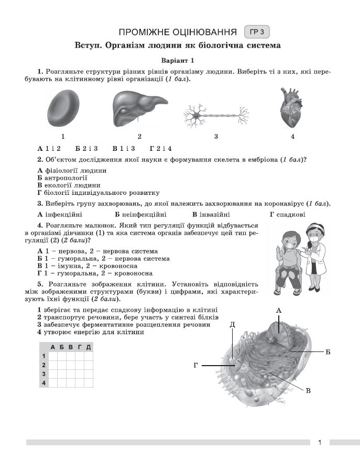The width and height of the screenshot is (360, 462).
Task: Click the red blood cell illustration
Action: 63,109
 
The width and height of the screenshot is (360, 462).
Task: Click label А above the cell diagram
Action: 279,311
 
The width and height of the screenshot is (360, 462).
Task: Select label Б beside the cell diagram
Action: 328,352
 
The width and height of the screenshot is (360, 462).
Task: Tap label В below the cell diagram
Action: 308,391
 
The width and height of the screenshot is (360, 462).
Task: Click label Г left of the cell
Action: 195,365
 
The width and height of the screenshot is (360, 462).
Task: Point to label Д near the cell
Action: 232,325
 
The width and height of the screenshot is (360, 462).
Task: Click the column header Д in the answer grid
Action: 89,347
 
